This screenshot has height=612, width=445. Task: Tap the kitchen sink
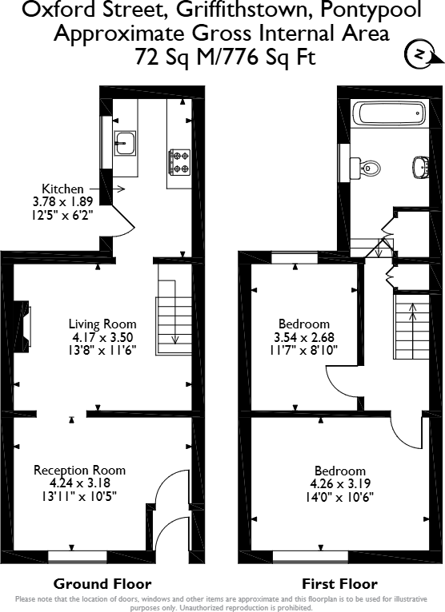pyautogui.click(x=124, y=144)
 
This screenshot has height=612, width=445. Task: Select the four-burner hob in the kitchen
pyautogui.click(x=178, y=162)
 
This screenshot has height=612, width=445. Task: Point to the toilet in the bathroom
pyautogui.click(x=367, y=168)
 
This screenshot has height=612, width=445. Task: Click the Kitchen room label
pyautogui.click(x=62, y=189)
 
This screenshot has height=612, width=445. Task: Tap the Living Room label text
pyautogui.click(x=102, y=324)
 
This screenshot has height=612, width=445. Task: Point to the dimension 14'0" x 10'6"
pyautogui.click(x=340, y=496)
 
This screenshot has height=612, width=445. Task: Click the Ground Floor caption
pyautogui.click(x=102, y=583)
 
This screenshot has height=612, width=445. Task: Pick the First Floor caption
pyautogui.click(x=339, y=583)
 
